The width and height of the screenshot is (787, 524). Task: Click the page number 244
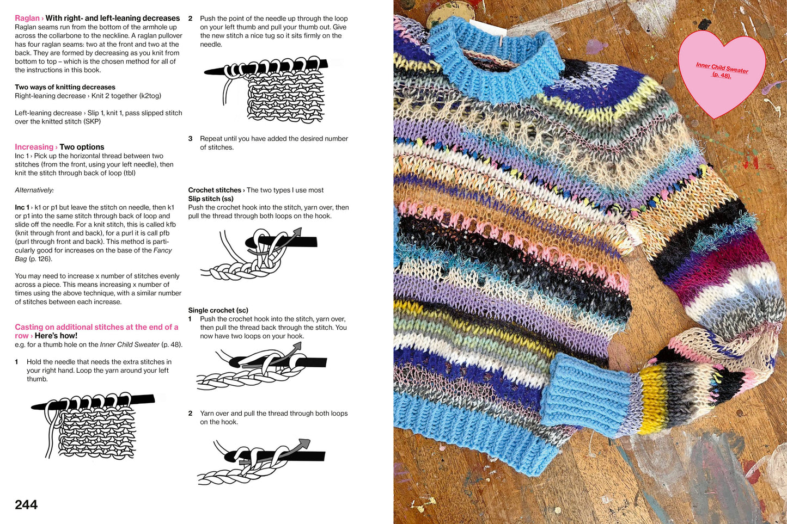(x=26, y=505)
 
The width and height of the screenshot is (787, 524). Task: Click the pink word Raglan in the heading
(x=27, y=19)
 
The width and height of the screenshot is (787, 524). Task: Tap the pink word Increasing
(x=34, y=147)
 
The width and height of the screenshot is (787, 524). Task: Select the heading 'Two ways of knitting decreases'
(x=65, y=87)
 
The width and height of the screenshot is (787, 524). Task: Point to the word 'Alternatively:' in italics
(x=34, y=190)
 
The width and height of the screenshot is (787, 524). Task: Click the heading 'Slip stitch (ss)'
(x=211, y=199)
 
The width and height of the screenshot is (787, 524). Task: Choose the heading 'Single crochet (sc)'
(x=218, y=310)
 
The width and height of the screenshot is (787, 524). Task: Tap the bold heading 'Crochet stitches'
(x=215, y=190)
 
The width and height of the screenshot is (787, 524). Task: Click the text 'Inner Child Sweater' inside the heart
(x=722, y=68)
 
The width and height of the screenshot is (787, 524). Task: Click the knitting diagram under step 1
(x=93, y=424)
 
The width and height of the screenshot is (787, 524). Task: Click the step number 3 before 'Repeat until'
(x=190, y=139)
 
